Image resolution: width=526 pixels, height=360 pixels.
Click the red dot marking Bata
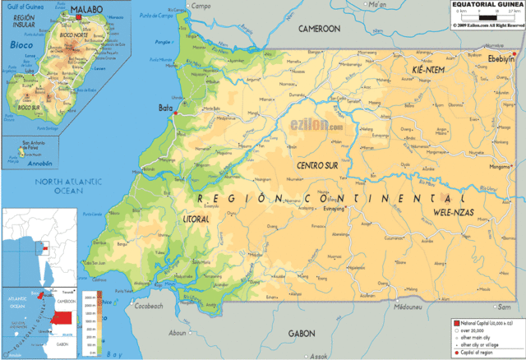point(175,113)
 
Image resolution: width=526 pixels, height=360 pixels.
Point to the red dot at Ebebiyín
point(513,64)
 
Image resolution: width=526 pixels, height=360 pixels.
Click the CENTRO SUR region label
point(321,166)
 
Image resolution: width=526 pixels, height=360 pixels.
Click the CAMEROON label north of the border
point(319,28)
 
